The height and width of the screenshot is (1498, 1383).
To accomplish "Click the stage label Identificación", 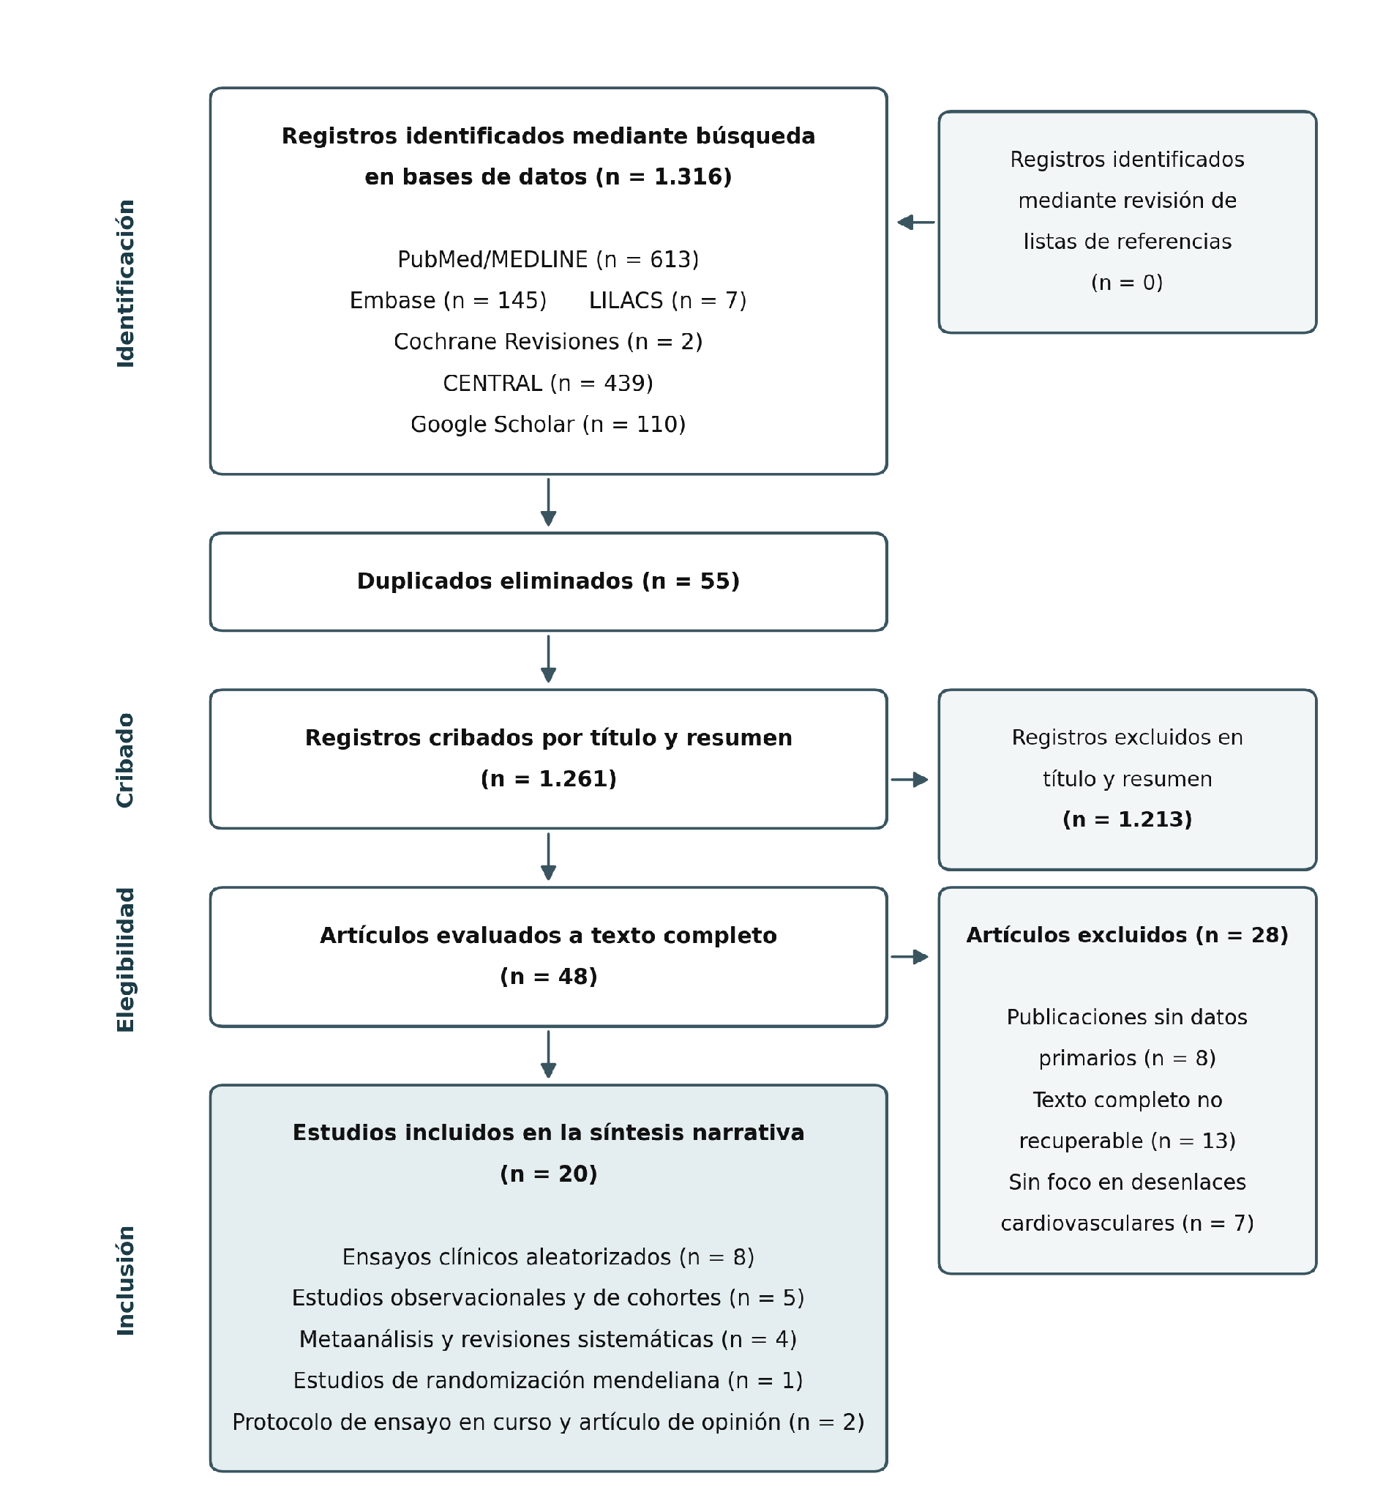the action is (x=126, y=283).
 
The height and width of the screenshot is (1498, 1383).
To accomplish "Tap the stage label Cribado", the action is (x=126, y=761).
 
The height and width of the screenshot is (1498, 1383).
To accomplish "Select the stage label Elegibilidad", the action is (x=126, y=960).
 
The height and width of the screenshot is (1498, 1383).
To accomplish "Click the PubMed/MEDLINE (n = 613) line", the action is (x=549, y=260).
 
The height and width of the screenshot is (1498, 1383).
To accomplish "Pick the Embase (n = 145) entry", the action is (x=449, y=301).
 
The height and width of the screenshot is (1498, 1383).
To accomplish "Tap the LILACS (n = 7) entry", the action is (x=667, y=301).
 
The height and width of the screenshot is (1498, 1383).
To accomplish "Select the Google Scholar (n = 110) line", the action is (x=549, y=425).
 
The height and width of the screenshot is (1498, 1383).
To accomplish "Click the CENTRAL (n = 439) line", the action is (x=549, y=384).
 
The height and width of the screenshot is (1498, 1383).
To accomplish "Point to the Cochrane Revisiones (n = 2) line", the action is (x=549, y=342).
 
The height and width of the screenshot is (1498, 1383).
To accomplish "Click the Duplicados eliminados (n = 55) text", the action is (x=549, y=581).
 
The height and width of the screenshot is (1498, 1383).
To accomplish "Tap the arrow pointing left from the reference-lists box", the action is (x=916, y=223).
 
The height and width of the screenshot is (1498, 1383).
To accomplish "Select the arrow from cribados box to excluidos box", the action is (x=910, y=780).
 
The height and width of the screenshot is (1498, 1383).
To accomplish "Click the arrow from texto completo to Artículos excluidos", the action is (x=910, y=957).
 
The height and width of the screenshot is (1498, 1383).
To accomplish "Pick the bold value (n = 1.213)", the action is (x=1127, y=820).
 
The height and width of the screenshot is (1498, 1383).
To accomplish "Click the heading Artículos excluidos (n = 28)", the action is (x=1127, y=936).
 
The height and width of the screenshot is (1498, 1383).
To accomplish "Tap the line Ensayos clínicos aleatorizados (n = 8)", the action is (x=549, y=1257).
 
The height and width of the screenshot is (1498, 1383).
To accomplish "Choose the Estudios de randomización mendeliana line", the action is (x=549, y=1380).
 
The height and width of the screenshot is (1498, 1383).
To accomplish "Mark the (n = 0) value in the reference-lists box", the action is (x=1127, y=283).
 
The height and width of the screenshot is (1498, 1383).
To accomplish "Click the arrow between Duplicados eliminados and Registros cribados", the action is (x=549, y=659).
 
